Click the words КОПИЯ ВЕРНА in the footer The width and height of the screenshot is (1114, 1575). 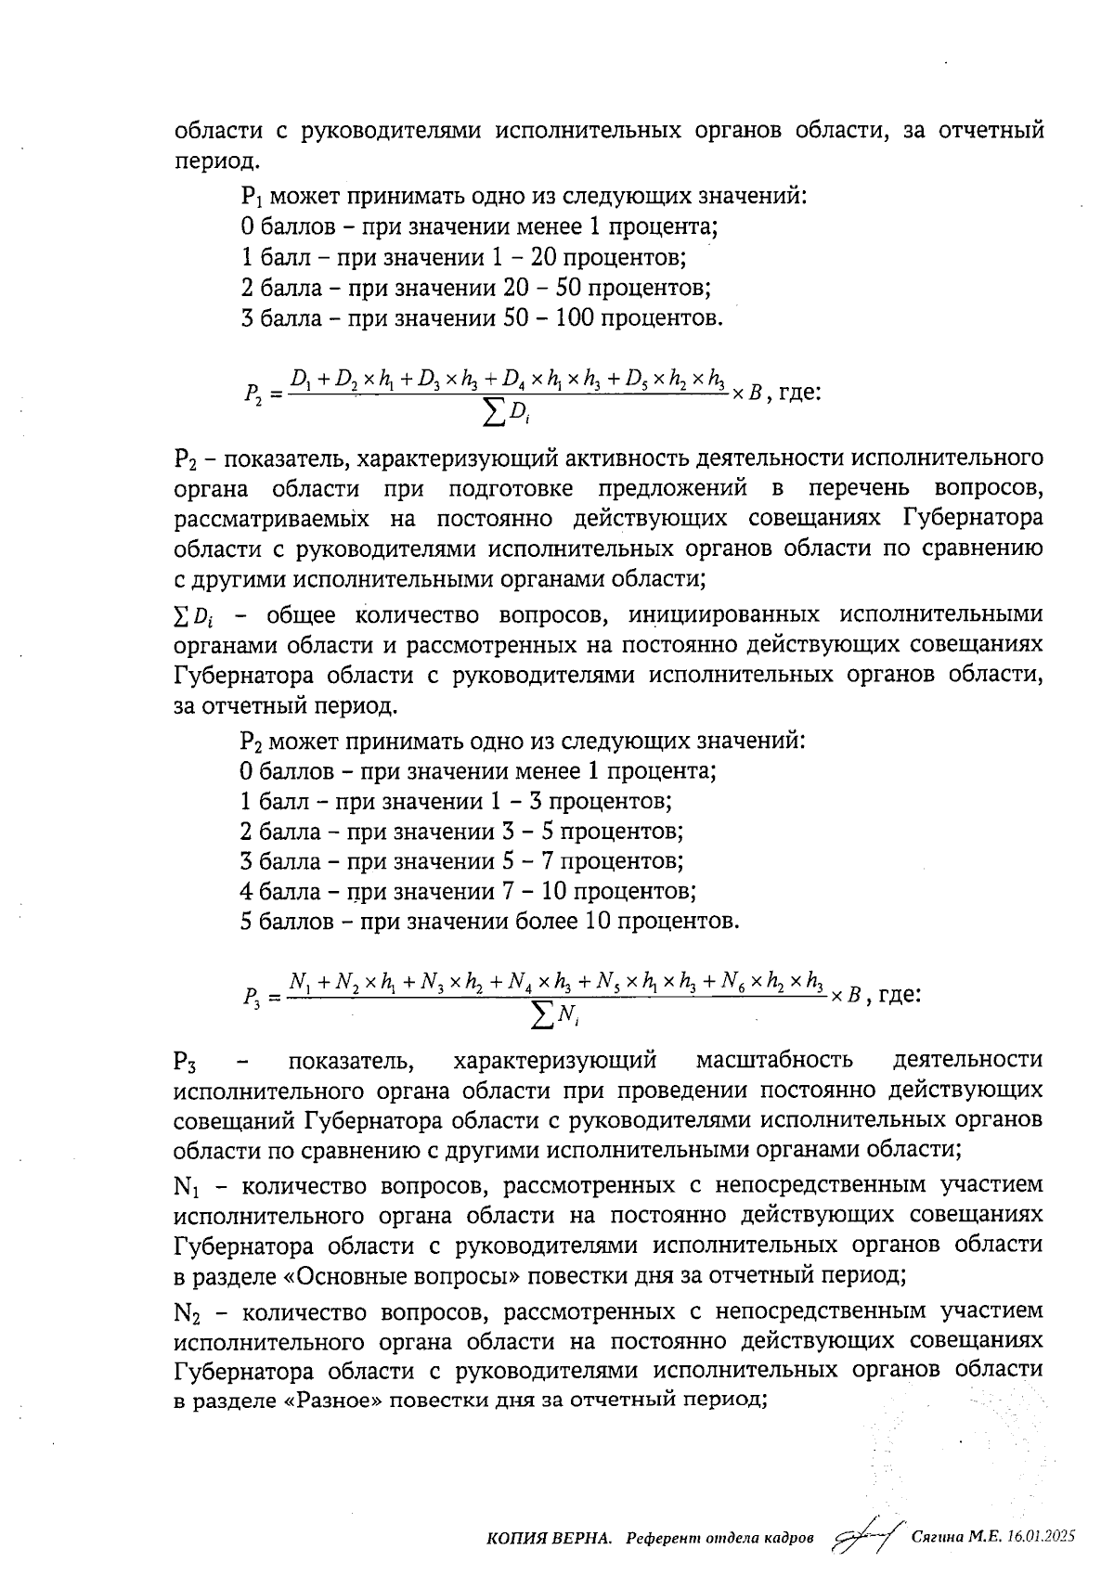click(549, 1538)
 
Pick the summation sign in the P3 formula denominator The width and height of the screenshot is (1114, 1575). click(541, 1017)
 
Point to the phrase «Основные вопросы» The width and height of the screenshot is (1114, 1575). click(401, 1275)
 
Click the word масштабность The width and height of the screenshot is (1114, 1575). click(773, 1060)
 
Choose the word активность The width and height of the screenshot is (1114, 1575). click(606, 458)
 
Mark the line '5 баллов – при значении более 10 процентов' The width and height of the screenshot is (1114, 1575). click(489, 922)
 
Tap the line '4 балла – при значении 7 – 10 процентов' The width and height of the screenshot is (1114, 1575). click(468, 891)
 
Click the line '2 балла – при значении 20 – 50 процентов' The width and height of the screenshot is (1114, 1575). click(475, 288)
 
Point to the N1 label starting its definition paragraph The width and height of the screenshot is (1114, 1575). click(187, 1186)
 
